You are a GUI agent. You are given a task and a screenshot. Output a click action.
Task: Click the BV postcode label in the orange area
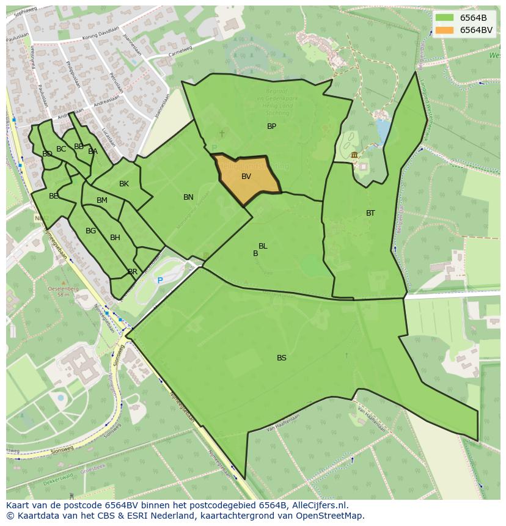pos(246,177)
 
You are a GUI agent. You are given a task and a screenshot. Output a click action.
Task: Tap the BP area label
pos(271,126)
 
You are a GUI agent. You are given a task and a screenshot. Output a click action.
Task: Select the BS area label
pos(281,358)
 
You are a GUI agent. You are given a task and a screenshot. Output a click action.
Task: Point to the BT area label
pos(370,213)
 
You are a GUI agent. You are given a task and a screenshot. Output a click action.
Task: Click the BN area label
pos(188,197)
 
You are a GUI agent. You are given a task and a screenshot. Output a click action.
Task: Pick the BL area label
pos(263,246)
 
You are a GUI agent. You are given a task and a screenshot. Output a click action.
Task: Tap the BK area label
pos(124,184)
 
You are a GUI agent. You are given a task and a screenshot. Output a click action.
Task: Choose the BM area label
pos(102,200)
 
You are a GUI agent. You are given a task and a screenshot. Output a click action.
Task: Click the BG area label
pos(90,231)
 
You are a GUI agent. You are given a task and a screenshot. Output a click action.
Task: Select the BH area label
pos(115,238)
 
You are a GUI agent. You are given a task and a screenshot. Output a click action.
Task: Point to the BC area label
pos(61,149)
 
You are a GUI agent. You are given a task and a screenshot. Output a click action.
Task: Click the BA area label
pos(93,152)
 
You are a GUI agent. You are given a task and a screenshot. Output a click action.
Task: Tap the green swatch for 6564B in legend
pos(444,18)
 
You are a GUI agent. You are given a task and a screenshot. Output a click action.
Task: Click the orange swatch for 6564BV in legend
pos(444,30)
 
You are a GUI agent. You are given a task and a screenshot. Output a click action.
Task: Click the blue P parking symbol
pos(160,280)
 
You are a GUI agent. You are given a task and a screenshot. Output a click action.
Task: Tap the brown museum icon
pos(354,155)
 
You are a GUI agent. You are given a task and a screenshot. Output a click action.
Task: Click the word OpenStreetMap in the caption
pos(328,516)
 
